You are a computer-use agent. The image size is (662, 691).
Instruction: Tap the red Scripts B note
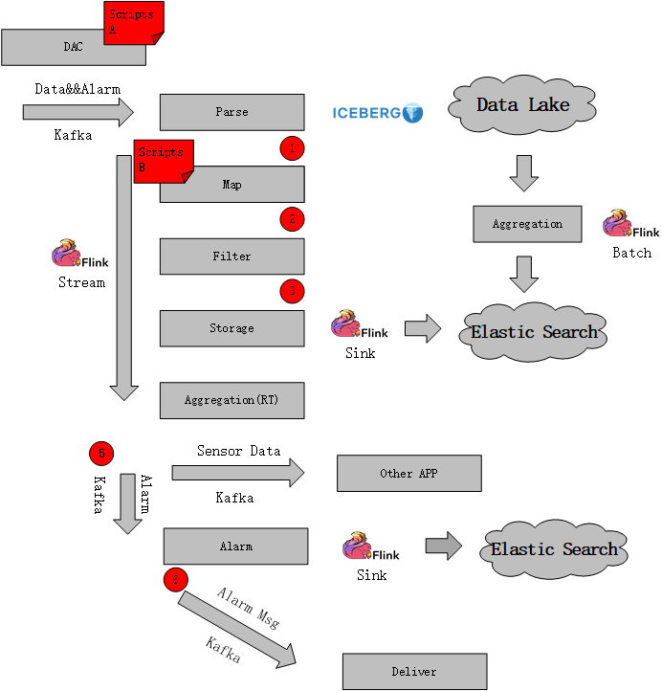pyautogui.click(x=165, y=161)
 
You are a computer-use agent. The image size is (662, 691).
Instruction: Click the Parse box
pyautogui.click(x=232, y=112)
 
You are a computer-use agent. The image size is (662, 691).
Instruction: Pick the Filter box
pyautogui.click(x=232, y=256)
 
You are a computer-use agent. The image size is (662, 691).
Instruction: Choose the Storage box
pyautogui.click(x=232, y=328)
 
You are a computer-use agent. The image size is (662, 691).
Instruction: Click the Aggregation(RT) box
pyautogui.click(x=232, y=400)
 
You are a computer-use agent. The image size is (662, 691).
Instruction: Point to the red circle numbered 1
pyautogui.click(x=292, y=147)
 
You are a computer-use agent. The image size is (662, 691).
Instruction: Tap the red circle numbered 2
pyautogui.click(x=292, y=219)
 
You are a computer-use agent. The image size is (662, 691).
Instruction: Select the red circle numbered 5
pyautogui.click(x=100, y=453)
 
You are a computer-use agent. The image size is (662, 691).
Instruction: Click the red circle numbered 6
pyautogui.click(x=175, y=578)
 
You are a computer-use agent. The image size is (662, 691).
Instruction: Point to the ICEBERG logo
pyautogui.click(x=378, y=113)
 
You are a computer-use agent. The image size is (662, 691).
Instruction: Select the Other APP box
pyautogui.click(x=408, y=473)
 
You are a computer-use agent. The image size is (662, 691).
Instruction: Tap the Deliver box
pyautogui.click(x=414, y=672)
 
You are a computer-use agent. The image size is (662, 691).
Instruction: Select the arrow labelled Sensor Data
pyautogui.click(x=237, y=472)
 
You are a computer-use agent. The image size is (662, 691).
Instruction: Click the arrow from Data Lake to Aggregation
pyautogui.click(x=523, y=173)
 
